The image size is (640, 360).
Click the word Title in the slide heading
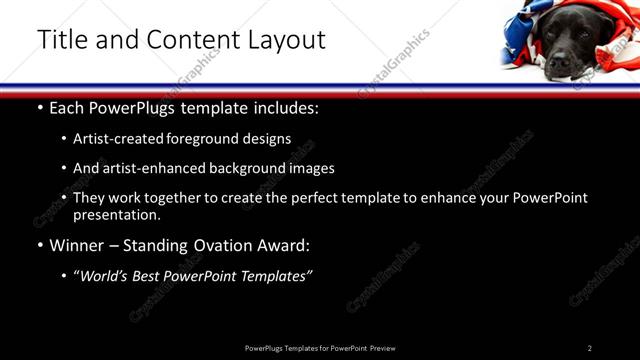tap(59, 40)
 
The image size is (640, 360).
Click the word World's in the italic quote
tap(107, 276)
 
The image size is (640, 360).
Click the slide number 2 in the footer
tap(589, 348)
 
